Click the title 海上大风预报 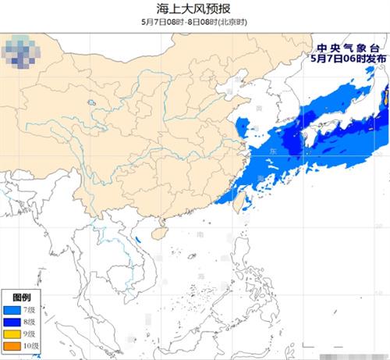coord(194,9)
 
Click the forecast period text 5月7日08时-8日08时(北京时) coord(194,22)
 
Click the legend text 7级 coord(30,311)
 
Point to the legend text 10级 coord(32,346)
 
